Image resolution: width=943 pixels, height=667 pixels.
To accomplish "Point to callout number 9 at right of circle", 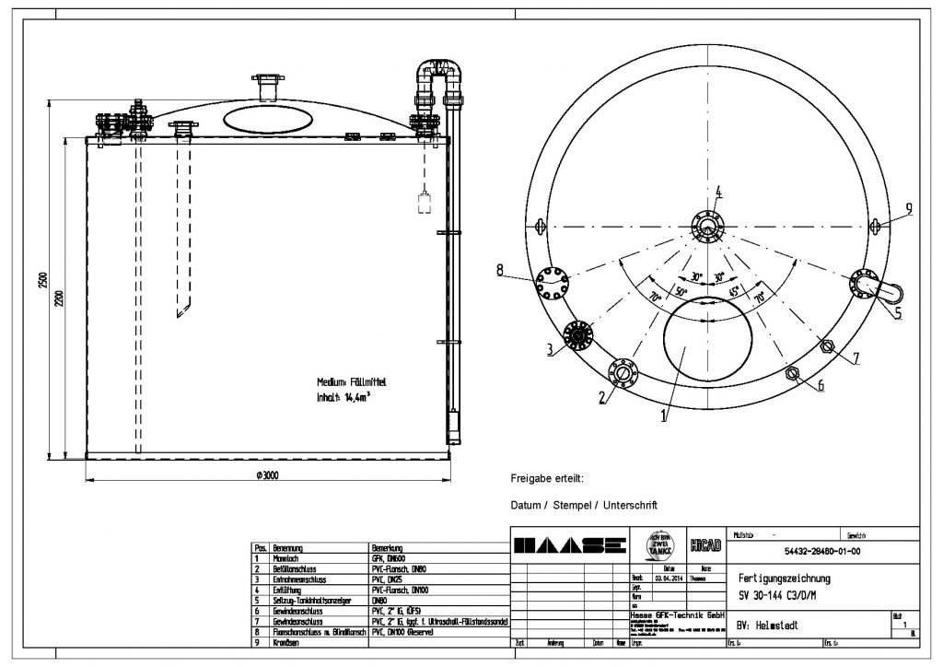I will pos(908,209).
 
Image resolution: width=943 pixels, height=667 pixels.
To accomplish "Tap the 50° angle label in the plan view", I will pos(682,292).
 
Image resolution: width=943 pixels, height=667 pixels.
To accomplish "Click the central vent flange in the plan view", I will pos(708,226).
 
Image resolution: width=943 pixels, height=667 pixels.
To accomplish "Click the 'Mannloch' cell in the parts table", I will pos(282,558).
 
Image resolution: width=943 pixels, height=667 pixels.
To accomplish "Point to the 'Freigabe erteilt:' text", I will pos(547,479).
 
